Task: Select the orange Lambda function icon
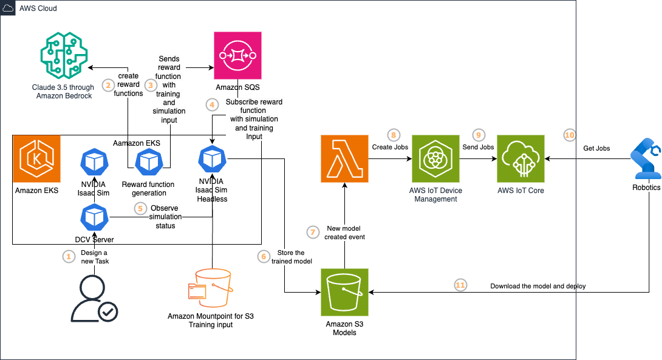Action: click(x=344, y=158)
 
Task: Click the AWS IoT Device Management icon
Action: click(x=435, y=158)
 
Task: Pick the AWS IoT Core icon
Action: click(x=520, y=158)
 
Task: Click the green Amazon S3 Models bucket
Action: click(x=344, y=292)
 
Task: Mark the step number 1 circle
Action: click(x=69, y=257)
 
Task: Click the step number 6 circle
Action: click(x=263, y=257)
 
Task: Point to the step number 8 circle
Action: click(x=393, y=135)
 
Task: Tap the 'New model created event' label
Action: click(x=344, y=233)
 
